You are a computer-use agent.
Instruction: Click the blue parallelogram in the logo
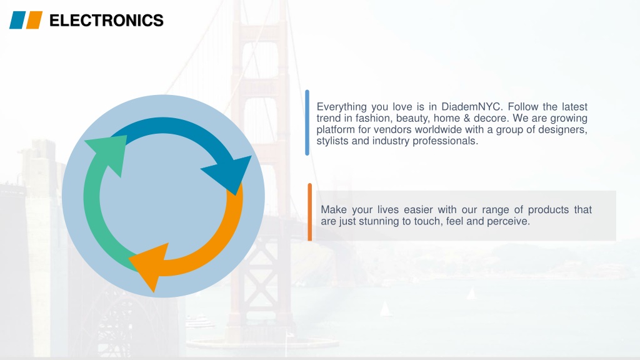[x=17, y=20]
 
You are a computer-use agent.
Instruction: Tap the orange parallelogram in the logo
[x=34, y=20]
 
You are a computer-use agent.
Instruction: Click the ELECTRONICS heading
[x=106, y=21]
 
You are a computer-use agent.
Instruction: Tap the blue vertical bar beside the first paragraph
[x=307, y=122]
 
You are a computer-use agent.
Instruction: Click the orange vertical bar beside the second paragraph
[x=310, y=212]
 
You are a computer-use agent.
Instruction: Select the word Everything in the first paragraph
[x=342, y=107]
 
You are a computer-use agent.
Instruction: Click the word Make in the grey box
[x=334, y=210]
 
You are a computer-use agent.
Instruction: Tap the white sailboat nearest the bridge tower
[x=385, y=309]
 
